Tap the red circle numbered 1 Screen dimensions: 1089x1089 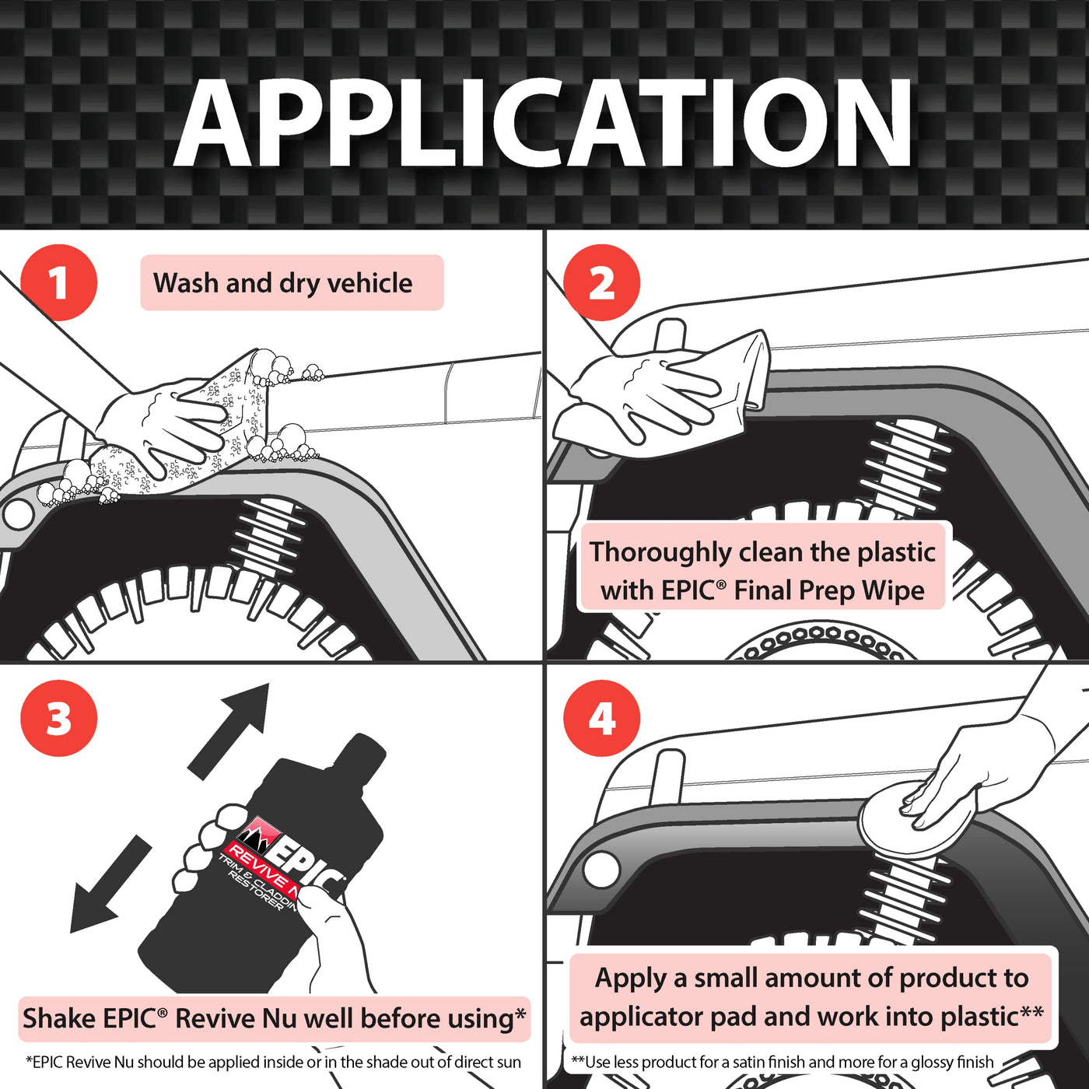click(x=59, y=282)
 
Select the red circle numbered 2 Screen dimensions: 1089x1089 click(x=601, y=282)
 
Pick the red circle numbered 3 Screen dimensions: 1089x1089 click(x=59, y=718)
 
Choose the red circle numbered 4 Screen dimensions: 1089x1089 click(x=601, y=718)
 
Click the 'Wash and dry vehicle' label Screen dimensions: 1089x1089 click(x=283, y=282)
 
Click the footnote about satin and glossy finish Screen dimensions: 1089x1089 click(x=782, y=1062)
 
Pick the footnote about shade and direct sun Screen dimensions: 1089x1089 click(x=273, y=1062)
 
